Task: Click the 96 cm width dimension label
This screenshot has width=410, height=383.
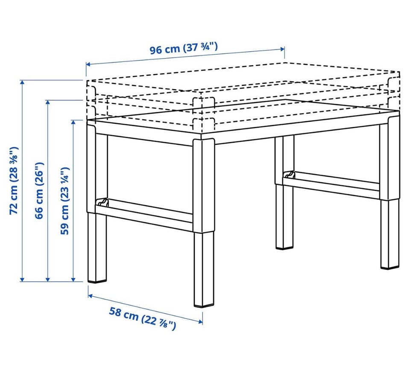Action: point(184,49)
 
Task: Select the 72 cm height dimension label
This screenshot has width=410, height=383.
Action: point(14,180)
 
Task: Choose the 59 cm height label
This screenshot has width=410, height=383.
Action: point(65,201)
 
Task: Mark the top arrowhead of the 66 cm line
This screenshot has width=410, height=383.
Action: point(47,102)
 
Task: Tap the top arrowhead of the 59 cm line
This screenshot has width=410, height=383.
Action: point(73,123)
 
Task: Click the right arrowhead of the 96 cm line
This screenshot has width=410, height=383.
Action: point(282,49)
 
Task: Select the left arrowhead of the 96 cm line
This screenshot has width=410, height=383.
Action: point(88,64)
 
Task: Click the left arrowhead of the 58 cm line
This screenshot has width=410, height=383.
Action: point(91,295)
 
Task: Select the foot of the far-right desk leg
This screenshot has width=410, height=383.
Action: point(389,267)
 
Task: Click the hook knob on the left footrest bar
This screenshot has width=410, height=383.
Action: point(102,202)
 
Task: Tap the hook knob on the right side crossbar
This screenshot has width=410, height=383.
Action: point(290,174)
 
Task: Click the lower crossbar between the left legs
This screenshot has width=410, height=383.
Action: point(144,214)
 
